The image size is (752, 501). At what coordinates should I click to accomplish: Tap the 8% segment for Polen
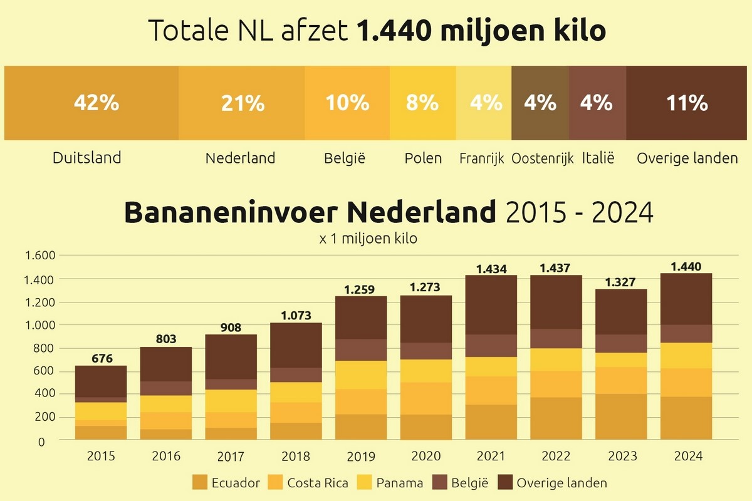coord(422,103)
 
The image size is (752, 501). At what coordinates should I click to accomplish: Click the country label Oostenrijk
coord(542,158)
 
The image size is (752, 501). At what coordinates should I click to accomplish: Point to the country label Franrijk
coord(481,158)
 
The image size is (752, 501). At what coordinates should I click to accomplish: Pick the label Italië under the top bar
coord(597,158)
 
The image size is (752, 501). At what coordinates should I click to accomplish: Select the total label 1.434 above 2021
coord(491,269)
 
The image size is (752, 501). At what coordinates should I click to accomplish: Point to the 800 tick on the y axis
coord(46,348)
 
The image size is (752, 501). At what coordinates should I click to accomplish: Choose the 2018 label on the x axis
coord(296,457)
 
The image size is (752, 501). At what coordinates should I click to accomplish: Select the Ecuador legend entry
coord(226,483)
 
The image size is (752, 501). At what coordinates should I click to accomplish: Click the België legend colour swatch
coord(441,483)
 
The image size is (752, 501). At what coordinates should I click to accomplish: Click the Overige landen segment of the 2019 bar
coord(361,318)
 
